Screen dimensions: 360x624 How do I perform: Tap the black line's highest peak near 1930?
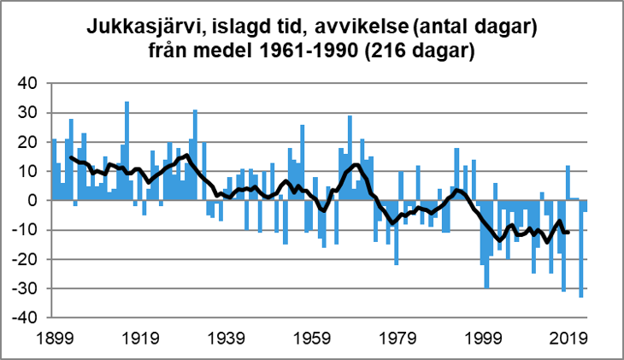(186, 155)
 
